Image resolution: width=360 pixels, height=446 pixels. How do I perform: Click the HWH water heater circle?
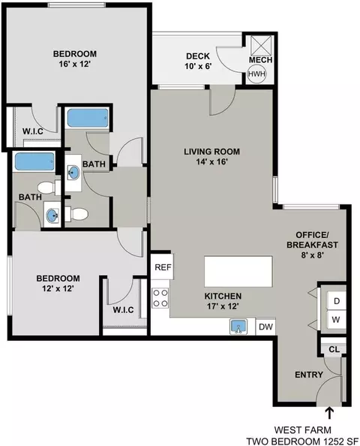tap(256, 74)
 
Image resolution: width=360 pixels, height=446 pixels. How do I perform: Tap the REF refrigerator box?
tap(162, 267)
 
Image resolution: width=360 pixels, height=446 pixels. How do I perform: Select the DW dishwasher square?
tap(265, 327)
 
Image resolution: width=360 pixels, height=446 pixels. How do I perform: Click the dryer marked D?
tap(337, 300)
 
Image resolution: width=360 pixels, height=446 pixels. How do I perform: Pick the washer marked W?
tap(337, 320)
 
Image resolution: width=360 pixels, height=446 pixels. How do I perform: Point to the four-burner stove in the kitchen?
tap(160, 298)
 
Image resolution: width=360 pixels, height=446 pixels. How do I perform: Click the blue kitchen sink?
tap(238, 326)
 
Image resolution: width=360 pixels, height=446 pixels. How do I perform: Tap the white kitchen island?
tap(238, 271)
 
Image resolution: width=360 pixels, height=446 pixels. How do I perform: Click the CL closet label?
tap(334, 349)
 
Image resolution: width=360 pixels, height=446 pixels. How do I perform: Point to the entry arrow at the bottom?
tap(329, 413)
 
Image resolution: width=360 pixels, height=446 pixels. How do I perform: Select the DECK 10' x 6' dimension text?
tap(198, 66)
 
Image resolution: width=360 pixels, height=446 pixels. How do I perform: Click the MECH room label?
tap(260, 60)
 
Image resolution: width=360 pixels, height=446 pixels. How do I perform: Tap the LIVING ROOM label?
tap(212, 152)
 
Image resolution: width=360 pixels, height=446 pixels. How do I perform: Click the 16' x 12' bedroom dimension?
tap(75, 64)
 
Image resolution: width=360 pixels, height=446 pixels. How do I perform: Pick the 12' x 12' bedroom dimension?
tap(58, 288)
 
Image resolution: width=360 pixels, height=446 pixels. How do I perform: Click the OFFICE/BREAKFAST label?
tap(312, 240)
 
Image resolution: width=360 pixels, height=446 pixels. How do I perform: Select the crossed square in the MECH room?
tap(261, 45)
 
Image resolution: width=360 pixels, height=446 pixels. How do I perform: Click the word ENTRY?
tap(309, 375)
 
